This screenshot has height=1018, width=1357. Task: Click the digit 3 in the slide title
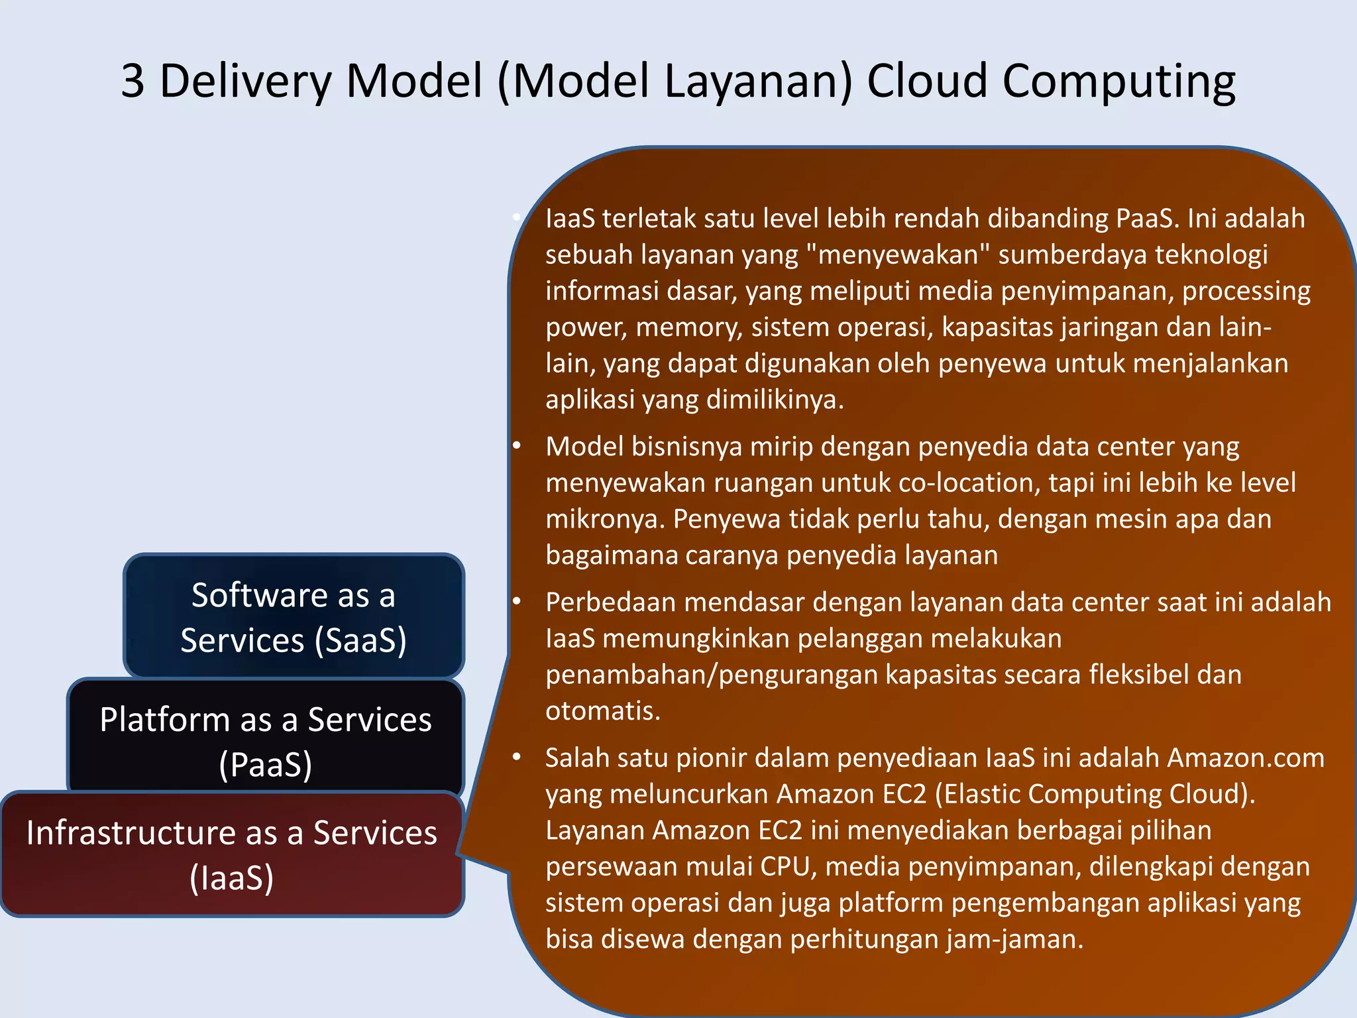pyautogui.click(x=133, y=81)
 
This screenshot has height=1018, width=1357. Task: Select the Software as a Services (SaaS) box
pyautogui.click(x=294, y=616)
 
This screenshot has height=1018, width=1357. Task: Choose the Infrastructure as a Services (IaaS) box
pyautogui.click(x=231, y=855)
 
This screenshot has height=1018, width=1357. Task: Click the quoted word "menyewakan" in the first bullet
pyautogui.click(x=898, y=254)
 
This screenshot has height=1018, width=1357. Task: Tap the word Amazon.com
pyautogui.click(x=1245, y=758)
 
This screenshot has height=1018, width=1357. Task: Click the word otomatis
pyautogui.click(x=603, y=710)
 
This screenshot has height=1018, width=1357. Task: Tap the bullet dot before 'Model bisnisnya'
pyautogui.click(x=517, y=446)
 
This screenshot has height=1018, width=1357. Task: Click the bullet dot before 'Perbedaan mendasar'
pyautogui.click(x=517, y=602)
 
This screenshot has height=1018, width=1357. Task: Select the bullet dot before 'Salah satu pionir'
pyautogui.click(x=517, y=757)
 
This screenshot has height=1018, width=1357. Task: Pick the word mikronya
pyautogui.click(x=604, y=519)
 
